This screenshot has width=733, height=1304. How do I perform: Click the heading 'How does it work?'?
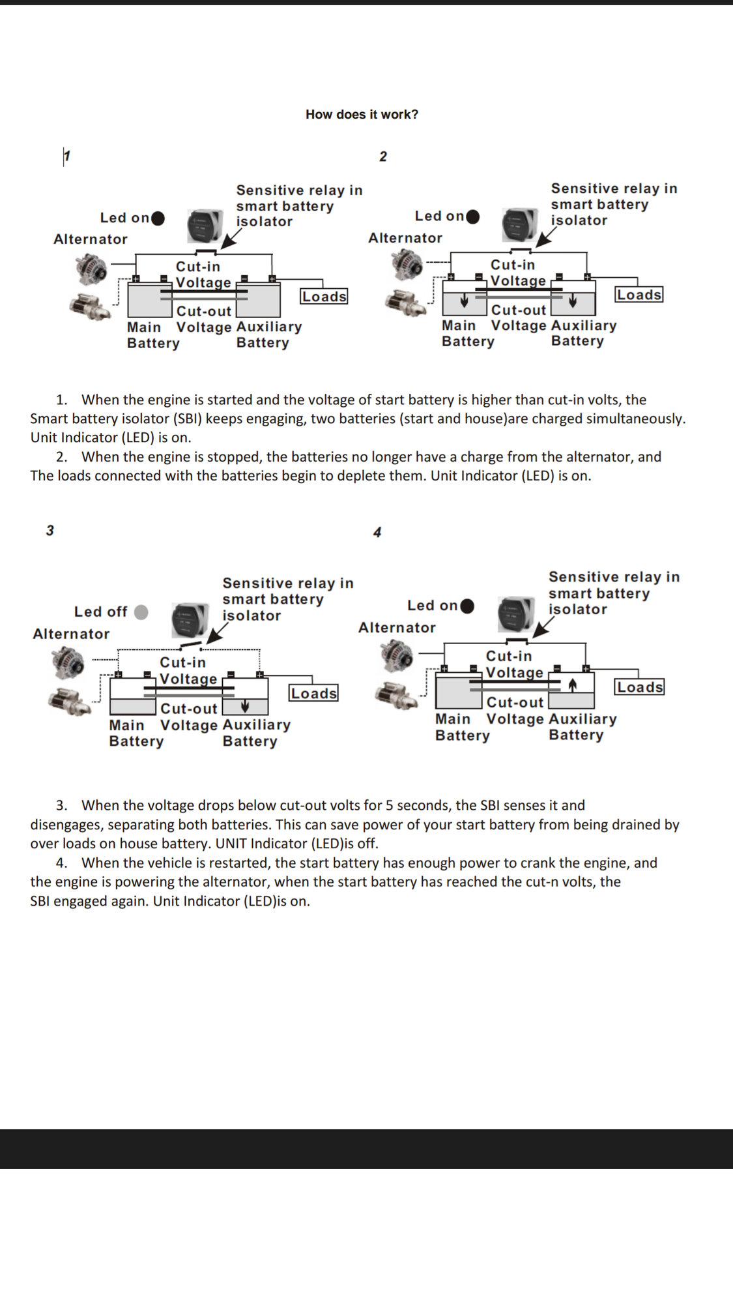(x=362, y=115)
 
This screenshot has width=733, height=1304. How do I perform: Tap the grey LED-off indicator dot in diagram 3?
(x=141, y=612)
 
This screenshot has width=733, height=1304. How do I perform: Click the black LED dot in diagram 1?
(x=158, y=218)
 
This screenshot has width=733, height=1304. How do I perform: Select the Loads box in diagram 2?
(x=639, y=295)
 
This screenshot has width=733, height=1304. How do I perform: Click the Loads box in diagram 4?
(x=640, y=687)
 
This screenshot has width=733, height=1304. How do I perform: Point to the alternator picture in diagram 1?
(x=91, y=269)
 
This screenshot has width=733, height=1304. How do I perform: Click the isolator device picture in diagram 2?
(x=520, y=224)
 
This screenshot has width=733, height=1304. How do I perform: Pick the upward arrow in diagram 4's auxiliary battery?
(x=573, y=685)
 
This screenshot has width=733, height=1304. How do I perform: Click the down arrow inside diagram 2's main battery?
(x=464, y=301)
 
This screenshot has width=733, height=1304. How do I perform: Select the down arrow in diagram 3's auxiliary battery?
(x=245, y=706)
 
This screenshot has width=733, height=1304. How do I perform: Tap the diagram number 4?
(x=377, y=532)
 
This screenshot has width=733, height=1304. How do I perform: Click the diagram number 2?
(x=383, y=156)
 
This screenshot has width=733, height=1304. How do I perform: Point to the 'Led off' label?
(x=100, y=612)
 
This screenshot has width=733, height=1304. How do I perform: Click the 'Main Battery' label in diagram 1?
(x=152, y=335)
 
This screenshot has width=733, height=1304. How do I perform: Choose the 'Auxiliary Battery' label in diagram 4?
(x=582, y=727)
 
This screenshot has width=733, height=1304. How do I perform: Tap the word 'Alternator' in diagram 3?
(x=71, y=634)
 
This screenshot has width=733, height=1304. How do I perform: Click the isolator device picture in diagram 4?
(x=516, y=614)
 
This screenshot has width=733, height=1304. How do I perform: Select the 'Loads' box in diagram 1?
(x=324, y=297)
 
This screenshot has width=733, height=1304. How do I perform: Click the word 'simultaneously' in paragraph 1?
(x=635, y=419)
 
